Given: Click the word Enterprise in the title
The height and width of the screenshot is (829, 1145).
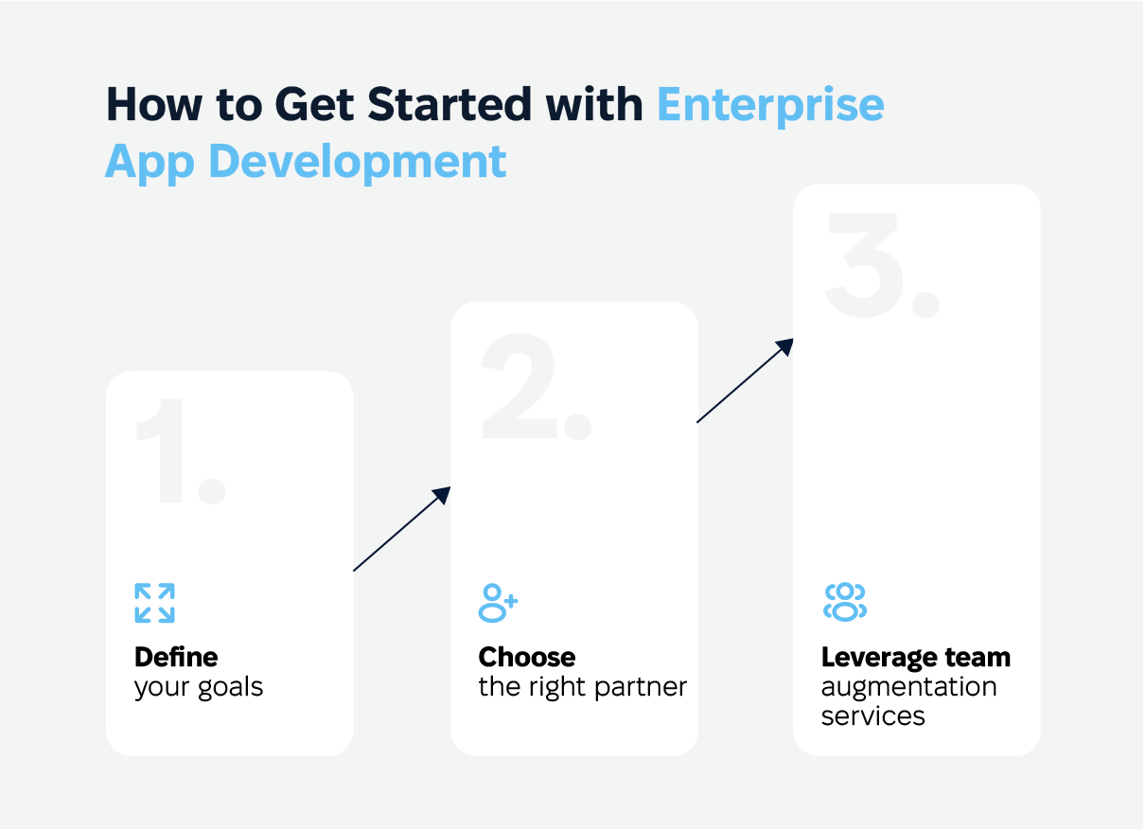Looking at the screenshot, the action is click(x=770, y=106).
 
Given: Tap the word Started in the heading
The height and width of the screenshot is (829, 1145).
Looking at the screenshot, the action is click(x=449, y=104).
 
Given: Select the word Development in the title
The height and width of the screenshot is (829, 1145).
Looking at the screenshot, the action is click(x=358, y=162).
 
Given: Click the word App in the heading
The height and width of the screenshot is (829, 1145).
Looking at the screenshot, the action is click(x=150, y=163).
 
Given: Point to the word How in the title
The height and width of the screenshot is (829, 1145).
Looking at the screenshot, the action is click(x=154, y=104).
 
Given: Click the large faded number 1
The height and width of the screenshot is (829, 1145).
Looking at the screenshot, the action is click(x=181, y=451).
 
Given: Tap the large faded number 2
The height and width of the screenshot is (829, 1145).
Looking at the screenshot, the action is click(x=537, y=386).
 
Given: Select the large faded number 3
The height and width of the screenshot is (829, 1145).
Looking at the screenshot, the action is click(x=882, y=265).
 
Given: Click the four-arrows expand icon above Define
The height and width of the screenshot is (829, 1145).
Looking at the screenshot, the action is click(x=155, y=603).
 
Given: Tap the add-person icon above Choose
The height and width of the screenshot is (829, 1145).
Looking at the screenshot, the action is click(x=498, y=603).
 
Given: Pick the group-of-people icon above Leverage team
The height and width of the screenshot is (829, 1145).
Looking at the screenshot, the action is click(x=845, y=602).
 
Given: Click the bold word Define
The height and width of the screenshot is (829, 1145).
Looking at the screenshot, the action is click(x=176, y=658).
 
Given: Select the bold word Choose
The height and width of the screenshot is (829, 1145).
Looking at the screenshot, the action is click(x=526, y=658).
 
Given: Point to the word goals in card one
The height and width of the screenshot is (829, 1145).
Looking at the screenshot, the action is click(x=231, y=688).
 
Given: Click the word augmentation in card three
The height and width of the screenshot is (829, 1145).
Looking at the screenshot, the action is click(x=908, y=688).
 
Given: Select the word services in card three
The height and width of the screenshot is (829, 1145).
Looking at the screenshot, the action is click(x=873, y=716).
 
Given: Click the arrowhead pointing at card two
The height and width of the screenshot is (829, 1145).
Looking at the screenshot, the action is click(x=442, y=495).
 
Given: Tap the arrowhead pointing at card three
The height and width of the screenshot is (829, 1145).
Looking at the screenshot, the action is click(x=784, y=346).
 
